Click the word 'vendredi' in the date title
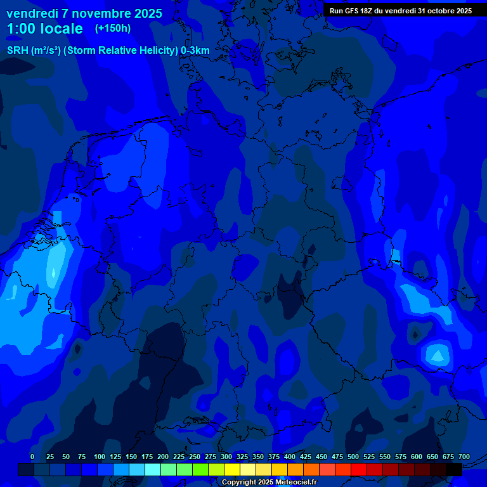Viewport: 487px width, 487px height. click(32, 13)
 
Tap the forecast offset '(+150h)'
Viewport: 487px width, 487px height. click(112, 29)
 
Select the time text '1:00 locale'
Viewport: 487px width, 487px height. click(44, 29)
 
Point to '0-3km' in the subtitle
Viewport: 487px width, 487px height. click(195, 50)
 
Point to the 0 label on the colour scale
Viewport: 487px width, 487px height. click(32, 457)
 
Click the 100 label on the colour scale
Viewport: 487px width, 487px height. click(100, 457)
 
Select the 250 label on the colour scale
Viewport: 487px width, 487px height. click(195, 457)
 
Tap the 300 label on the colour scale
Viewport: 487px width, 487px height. click(226, 457)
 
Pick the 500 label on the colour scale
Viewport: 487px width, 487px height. click(353, 457)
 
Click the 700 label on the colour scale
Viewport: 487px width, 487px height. click(464, 457)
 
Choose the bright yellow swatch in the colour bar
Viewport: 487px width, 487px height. click(232, 470)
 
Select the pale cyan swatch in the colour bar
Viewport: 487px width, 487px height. click(153, 470)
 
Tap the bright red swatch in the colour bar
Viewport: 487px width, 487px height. click(359, 470)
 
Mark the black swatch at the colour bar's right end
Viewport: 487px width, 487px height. click(454, 470)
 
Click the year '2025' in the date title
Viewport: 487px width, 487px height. click(148, 13)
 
